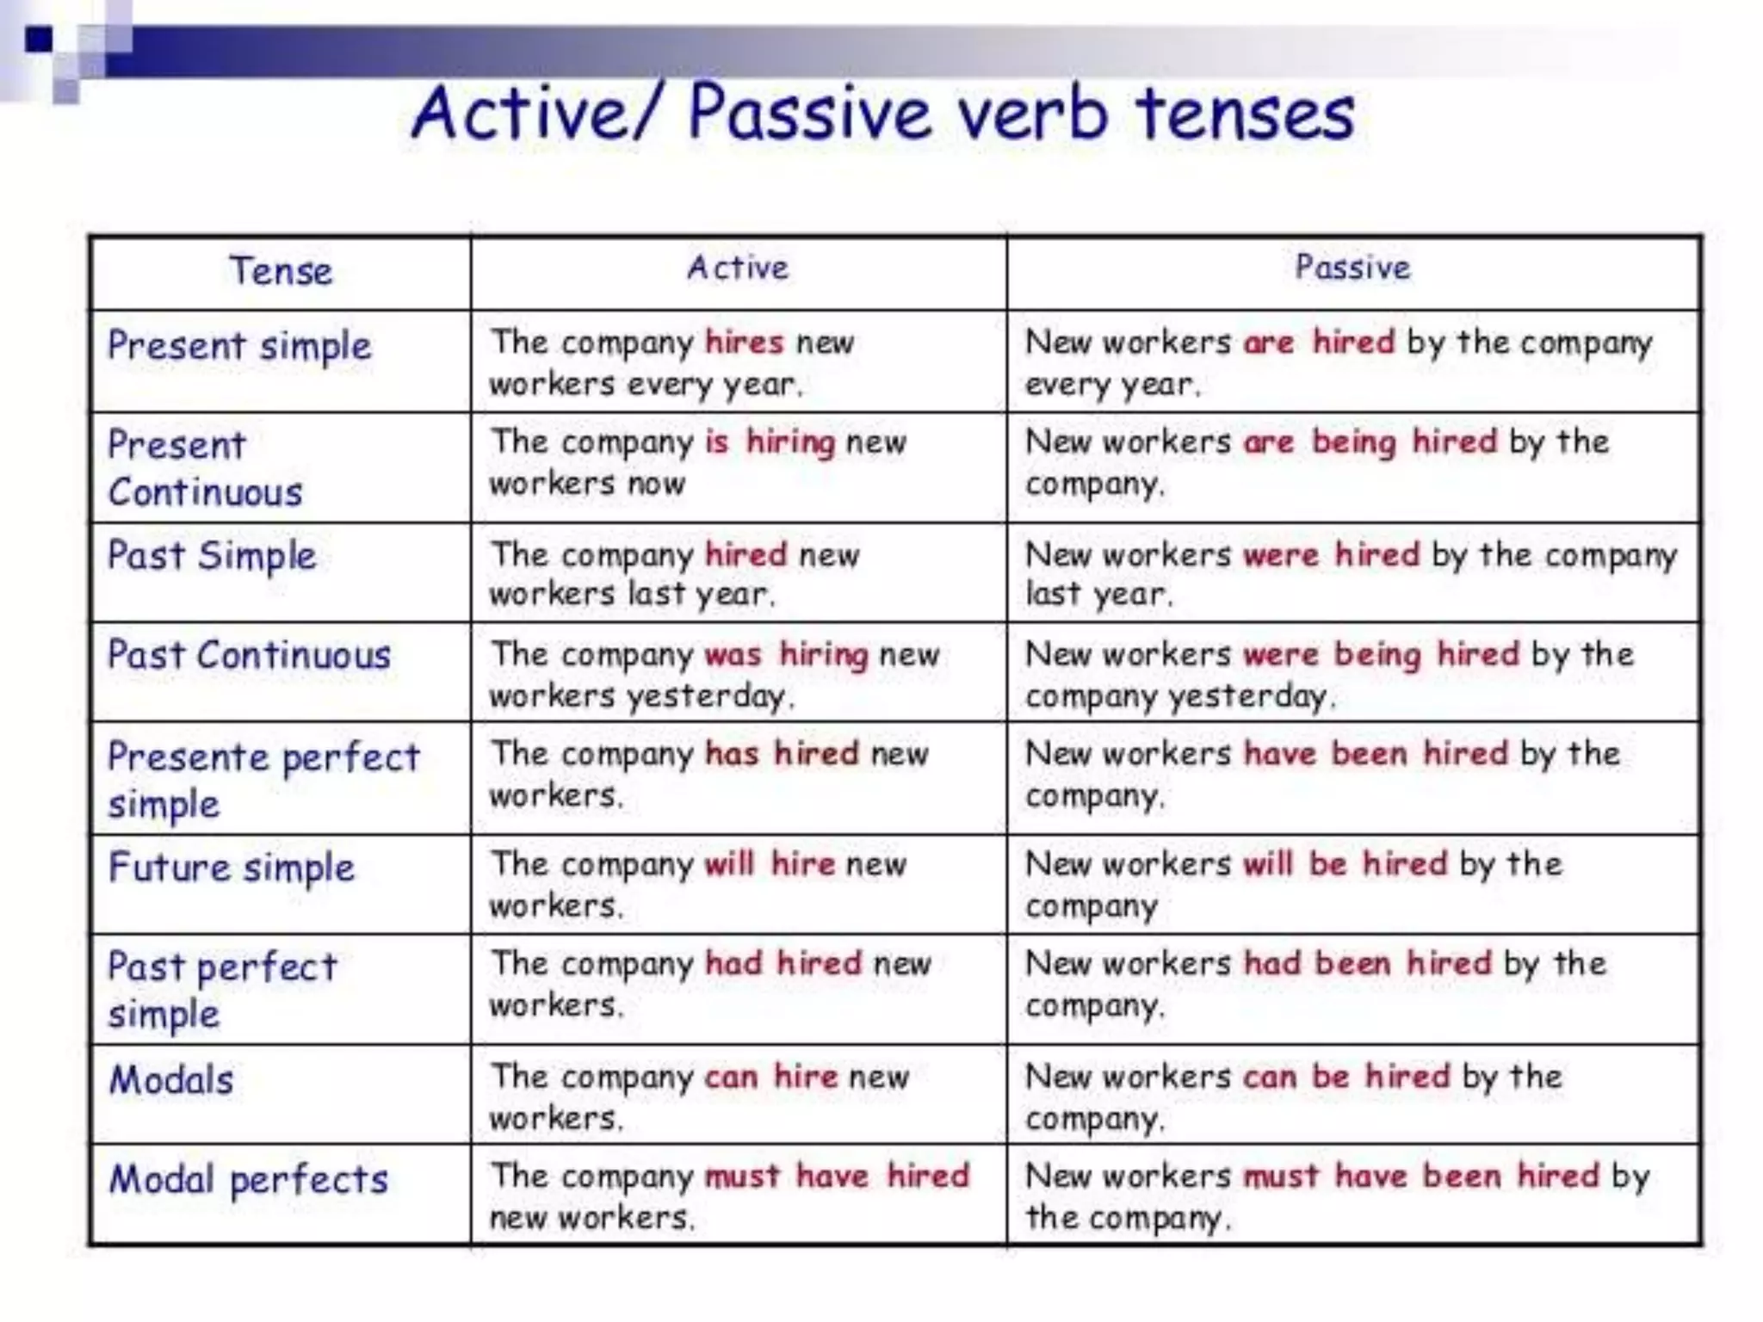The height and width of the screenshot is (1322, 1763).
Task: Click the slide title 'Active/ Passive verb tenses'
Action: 882,114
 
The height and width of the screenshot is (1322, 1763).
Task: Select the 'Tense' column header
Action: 281,271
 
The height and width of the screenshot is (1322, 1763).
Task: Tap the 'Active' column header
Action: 738,268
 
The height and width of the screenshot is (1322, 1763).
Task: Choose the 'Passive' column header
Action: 1352,268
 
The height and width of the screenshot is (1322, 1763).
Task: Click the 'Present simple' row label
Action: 239,346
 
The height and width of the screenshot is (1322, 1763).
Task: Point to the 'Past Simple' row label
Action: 212,556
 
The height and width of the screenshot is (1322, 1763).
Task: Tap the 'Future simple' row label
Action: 232,868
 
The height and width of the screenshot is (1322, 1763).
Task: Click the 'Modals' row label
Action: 171,1080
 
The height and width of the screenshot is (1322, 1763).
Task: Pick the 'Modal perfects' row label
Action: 249,1180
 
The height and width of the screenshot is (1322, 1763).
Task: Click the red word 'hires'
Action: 744,343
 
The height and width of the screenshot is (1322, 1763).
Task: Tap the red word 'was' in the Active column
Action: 733,655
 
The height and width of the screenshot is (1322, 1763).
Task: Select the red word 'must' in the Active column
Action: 742,1177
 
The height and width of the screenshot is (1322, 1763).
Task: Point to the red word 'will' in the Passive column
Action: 1268,864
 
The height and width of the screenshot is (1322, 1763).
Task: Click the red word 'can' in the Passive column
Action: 1270,1077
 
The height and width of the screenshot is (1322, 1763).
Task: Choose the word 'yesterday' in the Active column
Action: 706,696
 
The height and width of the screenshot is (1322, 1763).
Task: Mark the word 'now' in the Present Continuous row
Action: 656,484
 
